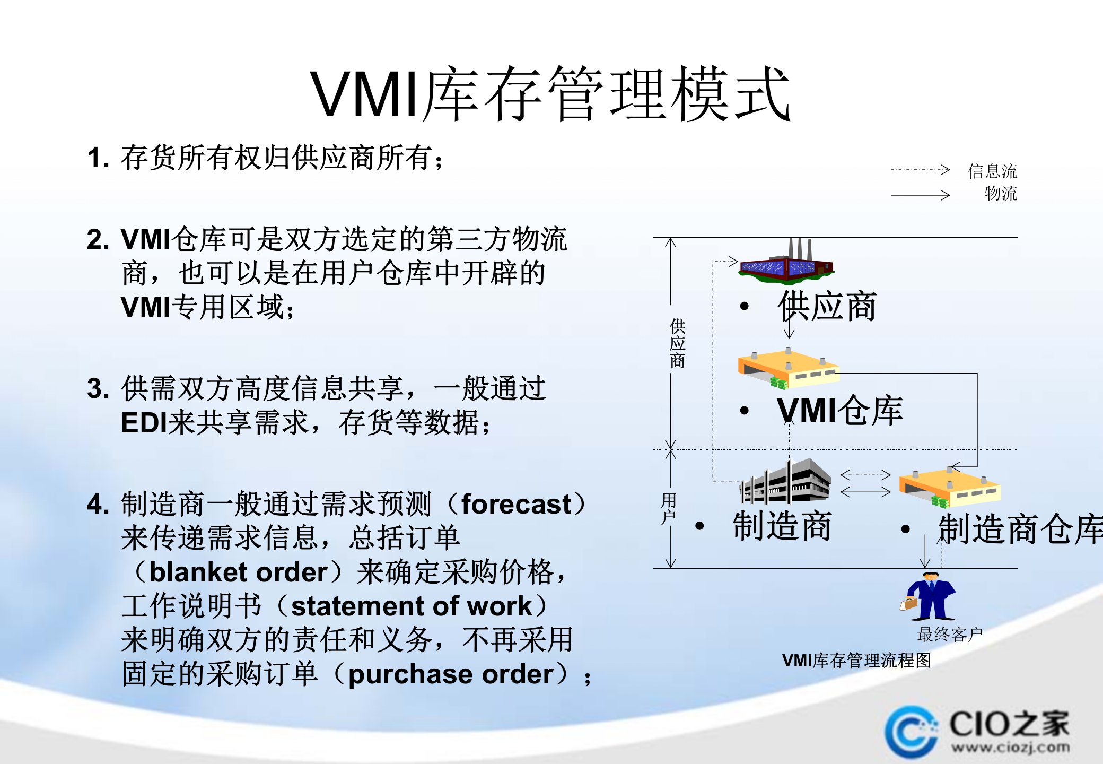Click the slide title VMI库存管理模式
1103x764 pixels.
[x=550, y=94]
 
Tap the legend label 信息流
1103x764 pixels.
[x=992, y=171]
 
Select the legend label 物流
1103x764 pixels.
[x=1001, y=194]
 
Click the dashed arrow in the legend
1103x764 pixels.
[x=920, y=170]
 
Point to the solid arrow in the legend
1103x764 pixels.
[x=920, y=195]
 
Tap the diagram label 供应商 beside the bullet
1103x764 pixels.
[x=827, y=307]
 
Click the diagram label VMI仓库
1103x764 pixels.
[x=840, y=410]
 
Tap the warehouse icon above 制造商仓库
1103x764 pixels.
[x=949, y=487]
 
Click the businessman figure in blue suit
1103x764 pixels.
[x=929, y=596]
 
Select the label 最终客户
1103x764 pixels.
[x=950, y=634]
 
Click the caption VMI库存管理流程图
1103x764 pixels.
[x=856, y=661]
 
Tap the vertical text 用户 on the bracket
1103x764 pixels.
[x=669, y=508]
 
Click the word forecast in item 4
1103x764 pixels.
[x=517, y=504]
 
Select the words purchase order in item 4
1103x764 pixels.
[x=451, y=674]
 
